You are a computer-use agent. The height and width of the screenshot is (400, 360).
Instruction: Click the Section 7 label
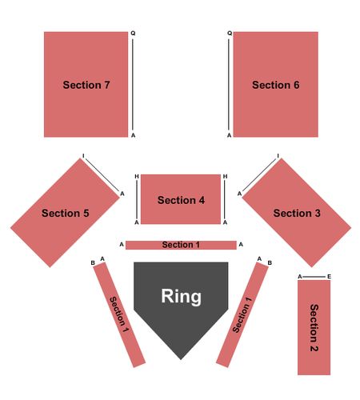(86, 85)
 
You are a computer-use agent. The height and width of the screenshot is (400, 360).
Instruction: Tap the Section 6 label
(275, 85)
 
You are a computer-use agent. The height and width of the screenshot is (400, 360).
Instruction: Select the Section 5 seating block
(65, 213)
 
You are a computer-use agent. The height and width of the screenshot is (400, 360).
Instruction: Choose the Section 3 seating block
(297, 213)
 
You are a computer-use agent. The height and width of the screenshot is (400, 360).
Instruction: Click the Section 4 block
(181, 199)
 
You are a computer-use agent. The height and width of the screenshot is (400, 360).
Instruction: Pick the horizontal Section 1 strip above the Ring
(181, 245)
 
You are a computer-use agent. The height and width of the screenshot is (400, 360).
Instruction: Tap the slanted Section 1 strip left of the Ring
(119, 314)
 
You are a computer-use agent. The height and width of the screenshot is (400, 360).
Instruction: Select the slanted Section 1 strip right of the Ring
(242, 314)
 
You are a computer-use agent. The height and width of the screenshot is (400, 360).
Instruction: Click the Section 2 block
(314, 327)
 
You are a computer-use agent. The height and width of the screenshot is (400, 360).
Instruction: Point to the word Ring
(181, 296)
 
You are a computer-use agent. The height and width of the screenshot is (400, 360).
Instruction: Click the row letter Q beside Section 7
(133, 34)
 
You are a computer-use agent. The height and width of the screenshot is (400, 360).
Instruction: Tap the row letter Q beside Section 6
(230, 34)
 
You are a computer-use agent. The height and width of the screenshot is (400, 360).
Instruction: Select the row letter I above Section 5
(83, 156)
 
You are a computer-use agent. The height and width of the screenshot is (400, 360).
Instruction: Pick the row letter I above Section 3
(278, 156)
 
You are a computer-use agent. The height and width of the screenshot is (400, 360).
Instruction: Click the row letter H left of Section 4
(137, 177)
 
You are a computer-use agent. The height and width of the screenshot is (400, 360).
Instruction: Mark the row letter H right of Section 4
(225, 177)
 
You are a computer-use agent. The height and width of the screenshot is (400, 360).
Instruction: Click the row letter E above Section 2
(329, 277)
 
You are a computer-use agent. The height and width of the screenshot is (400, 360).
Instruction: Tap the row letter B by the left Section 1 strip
(93, 263)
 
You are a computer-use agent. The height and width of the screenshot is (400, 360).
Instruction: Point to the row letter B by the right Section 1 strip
(270, 263)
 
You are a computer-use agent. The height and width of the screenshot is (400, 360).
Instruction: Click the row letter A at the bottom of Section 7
(133, 135)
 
